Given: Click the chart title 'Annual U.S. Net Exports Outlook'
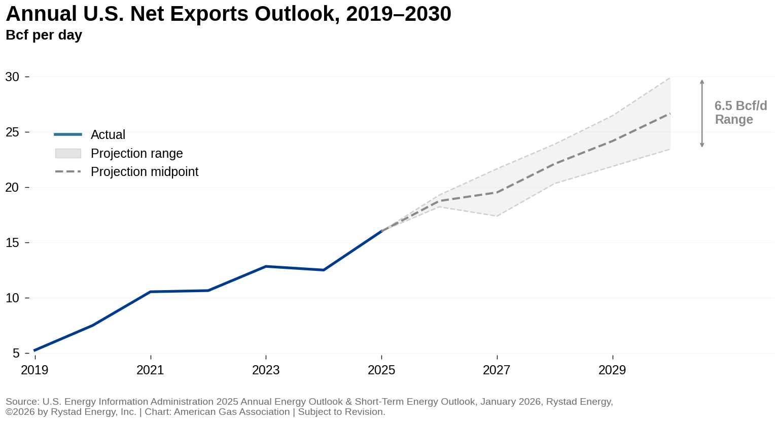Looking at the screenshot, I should click(228, 14).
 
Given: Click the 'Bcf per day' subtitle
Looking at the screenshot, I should click(44, 35).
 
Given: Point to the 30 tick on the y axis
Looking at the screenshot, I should click(12, 77).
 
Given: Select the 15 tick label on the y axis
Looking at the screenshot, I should click(12, 243).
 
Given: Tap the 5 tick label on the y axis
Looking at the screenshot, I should click(16, 354).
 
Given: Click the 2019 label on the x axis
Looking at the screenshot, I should click(34, 370).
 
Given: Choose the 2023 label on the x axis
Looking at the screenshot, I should click(266, 370).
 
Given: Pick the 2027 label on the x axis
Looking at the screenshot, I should click(497, 370).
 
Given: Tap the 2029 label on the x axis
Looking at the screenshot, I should click(612, 370).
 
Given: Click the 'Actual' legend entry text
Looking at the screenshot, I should click(108, 135).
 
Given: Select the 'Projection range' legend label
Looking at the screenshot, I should click(136, 153).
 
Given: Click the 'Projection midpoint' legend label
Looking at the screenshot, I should click(145, 172).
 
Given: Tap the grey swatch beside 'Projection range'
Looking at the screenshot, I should click(68, 153).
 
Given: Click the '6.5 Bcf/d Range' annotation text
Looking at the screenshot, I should click(740, 113).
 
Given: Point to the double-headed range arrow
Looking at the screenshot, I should click(702, 113).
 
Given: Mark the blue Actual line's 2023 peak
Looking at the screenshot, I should click(266, 266).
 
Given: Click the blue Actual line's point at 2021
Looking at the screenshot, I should click(151, 292).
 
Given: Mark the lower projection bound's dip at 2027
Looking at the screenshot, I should click(497, 216).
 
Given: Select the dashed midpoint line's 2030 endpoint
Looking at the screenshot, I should click(670, 113).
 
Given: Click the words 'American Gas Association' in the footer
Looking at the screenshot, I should click(232, 412).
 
